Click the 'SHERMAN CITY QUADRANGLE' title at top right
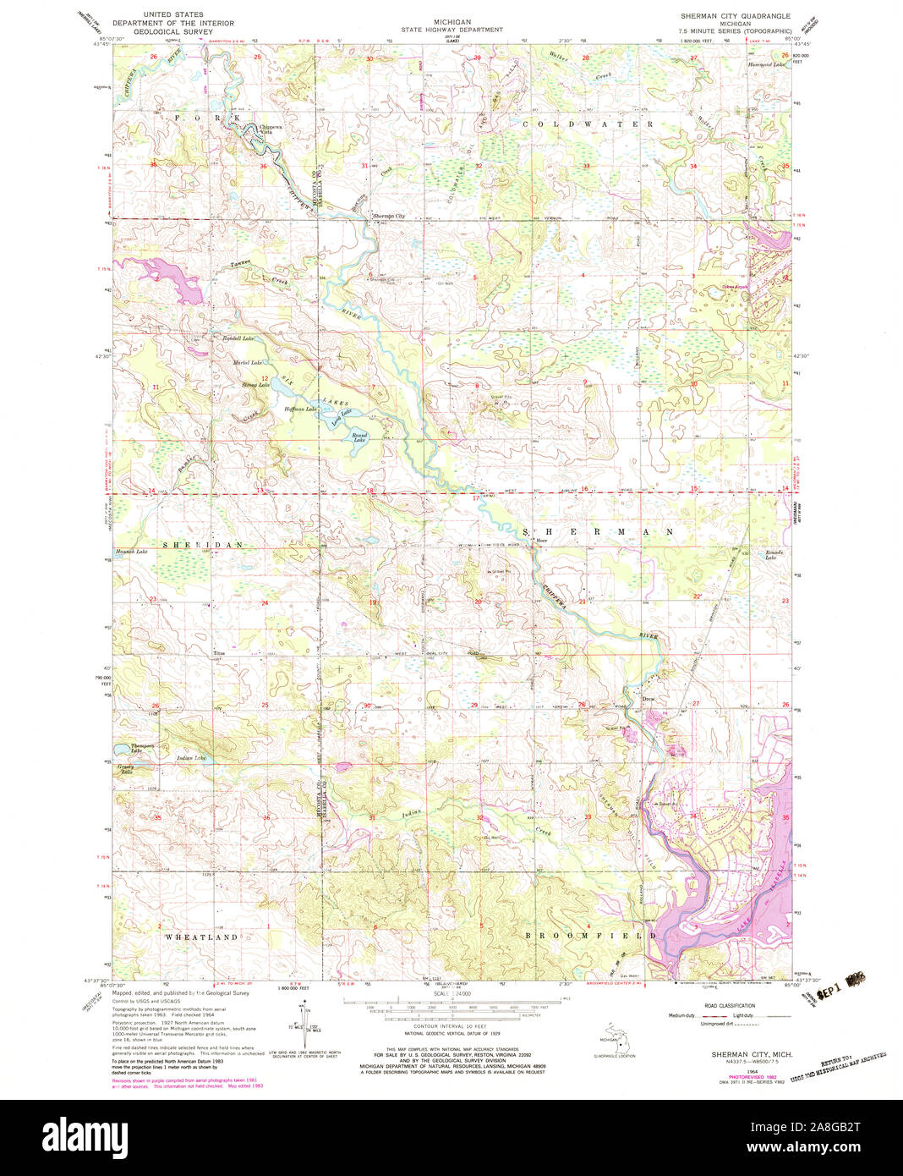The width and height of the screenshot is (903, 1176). (x=736, y=16)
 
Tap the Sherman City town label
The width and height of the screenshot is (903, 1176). (x=389, y=217)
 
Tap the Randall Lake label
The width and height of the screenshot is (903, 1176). (x=238, y=338)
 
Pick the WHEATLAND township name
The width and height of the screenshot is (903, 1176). (x=201, y=937)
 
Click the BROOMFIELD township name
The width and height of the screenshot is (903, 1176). (x=590, y=937)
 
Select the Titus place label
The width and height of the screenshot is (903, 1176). (x=220, y=654)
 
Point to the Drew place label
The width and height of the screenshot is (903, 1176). (x=649, y=700)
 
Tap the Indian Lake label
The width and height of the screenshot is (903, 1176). (x=191, y=758)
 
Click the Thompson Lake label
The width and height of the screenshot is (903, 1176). (x=142, y=748)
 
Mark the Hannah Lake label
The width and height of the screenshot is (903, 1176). (x=130, y=552)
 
